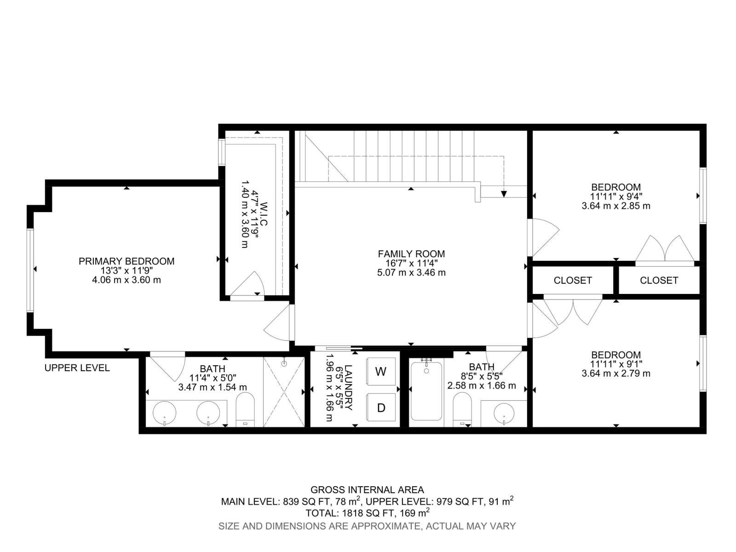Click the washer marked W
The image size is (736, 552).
coord(381,371)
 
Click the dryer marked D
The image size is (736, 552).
coord(381,407)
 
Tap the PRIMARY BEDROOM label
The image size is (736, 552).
coord(126,261)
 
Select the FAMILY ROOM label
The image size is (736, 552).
coord(411,254)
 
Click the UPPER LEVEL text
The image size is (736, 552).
coord(77,368)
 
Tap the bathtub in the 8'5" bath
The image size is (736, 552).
coord(426,391)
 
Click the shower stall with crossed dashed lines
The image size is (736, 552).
coord(284,391)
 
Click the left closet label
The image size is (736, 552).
coord(573,280)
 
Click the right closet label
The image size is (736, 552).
coord(659,280)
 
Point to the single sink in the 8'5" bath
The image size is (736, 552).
coord(504,413)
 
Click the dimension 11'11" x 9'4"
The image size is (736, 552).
coord(616,196)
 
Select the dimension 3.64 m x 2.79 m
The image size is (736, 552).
coord(616,373)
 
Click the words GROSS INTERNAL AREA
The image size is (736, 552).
coord(367,490)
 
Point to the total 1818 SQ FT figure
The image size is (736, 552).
coord(367,512)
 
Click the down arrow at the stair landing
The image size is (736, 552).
coord(504,194)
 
